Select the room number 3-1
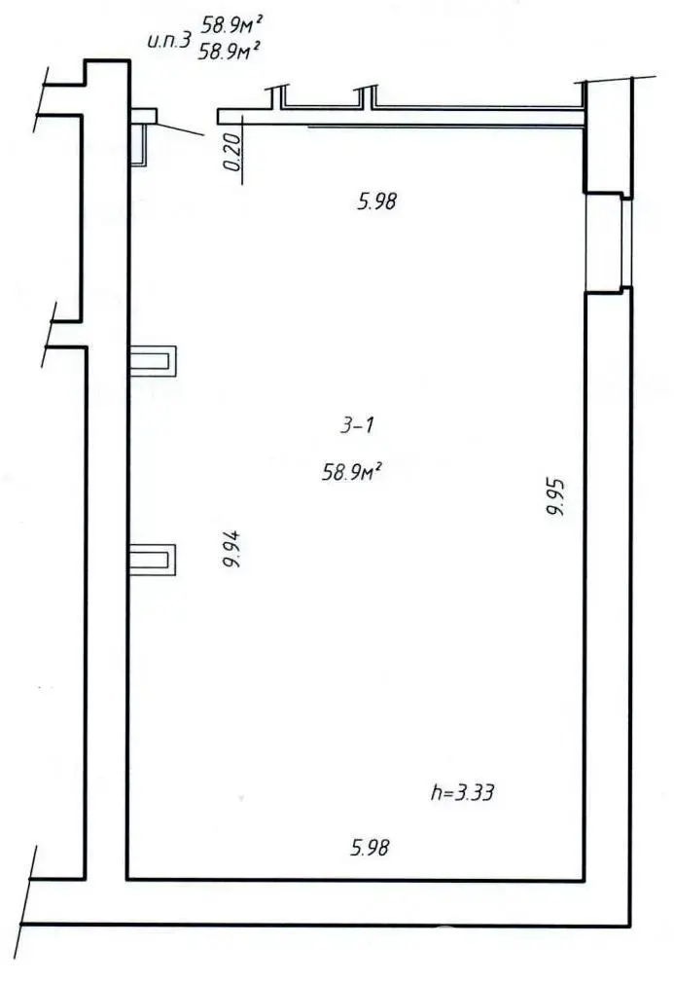pyautogui.click(x=358, y=424)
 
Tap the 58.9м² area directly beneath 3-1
pyautogui.click(x=351, y=473)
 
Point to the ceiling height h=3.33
pyautogui.click(x=462, y=792)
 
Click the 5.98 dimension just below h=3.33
pyautogui.click(x=371, y=848)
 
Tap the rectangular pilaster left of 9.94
pyautogui.click(x=154, y=560)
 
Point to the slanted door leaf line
pyautogui.click(x=179, y=128)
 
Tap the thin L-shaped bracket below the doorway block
pyautogui.click(x=142, y=144)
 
